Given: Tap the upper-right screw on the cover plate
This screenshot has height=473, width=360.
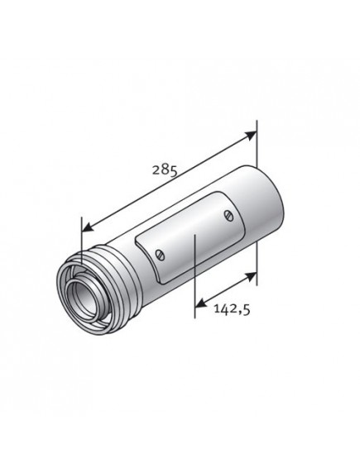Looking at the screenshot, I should (x=228, y=215).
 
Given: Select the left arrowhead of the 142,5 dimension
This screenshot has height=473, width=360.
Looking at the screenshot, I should (x=199, y=307).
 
